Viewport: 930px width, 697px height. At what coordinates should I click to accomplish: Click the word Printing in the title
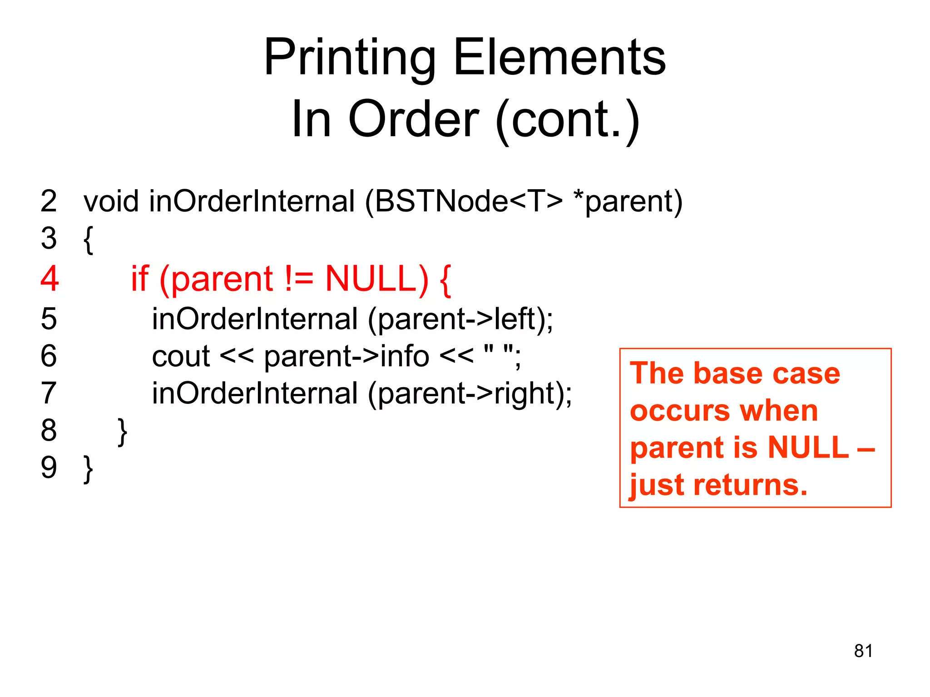point(350,59)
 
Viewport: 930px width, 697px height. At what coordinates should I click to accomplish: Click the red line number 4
point(49,278)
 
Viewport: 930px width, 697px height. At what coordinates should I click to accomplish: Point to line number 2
point(49,201)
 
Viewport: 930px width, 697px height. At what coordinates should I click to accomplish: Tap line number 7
point(49,393)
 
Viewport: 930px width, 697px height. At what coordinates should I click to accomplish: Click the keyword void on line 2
point(111,201)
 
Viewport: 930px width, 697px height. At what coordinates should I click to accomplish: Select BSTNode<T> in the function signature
point(468,201)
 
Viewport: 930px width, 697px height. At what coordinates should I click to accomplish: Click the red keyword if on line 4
point(139,278)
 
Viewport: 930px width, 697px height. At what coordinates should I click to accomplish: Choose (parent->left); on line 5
point(460,319)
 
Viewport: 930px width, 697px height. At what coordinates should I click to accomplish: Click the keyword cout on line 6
point(181,356)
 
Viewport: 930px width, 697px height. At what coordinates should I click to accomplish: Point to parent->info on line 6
point(346,356)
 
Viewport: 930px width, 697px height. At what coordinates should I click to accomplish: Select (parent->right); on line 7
point(470,393)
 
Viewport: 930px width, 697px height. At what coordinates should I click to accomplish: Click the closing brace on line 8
point(122,432)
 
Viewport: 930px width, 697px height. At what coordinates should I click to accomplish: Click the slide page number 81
point(863,651)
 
